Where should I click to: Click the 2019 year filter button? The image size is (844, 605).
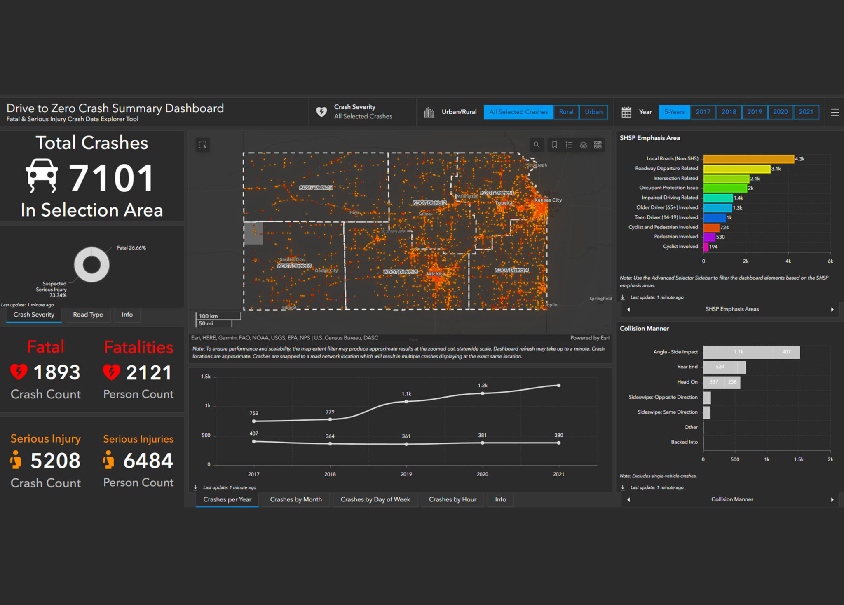(754, 112)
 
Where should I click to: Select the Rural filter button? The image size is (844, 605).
(566, 112)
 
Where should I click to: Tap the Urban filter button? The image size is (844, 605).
(593, 112)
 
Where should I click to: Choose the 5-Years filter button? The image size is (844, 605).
(674, 112)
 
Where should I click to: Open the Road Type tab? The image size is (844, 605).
(88, 315)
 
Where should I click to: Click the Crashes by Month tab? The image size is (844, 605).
(295, 499)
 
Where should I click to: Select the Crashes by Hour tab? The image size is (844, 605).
(452, 499)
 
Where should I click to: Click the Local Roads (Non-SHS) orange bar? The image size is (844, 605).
(748, 159)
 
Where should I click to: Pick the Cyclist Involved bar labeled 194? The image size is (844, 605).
(706, 247)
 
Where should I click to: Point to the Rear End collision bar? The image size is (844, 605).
(724, 367)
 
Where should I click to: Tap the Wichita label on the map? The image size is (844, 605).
(435, 274)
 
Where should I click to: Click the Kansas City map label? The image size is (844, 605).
(548, 200)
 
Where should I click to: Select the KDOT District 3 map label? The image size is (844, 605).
(316, 187)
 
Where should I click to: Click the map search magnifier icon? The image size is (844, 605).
(536, 145)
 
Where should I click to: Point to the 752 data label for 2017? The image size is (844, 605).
(254, 413)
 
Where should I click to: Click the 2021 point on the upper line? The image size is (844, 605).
(558, 385)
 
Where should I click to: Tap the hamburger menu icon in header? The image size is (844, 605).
(835, 112)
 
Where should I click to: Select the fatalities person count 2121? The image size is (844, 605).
(148, 373)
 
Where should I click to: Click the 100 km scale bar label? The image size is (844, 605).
(208, 316)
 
